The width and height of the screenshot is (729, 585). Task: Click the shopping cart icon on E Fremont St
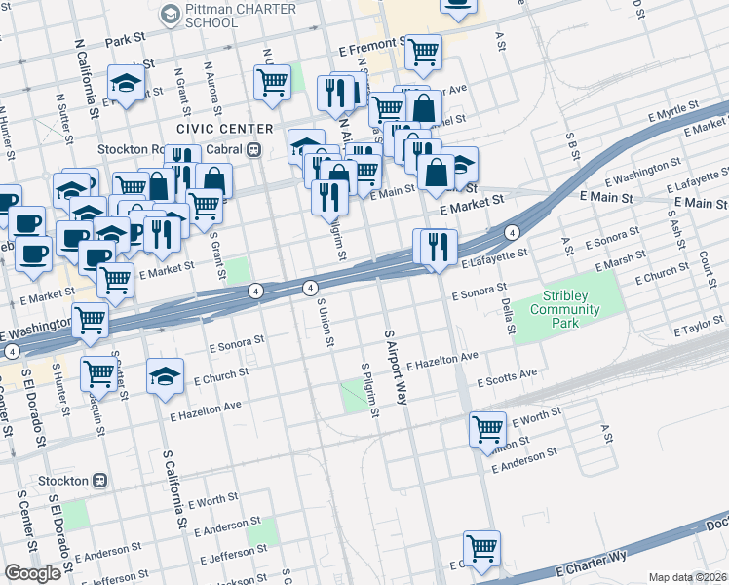coord(423,52)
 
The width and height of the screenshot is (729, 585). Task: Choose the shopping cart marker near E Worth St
coord(486,429)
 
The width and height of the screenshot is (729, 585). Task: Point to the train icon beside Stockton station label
coord(99,481)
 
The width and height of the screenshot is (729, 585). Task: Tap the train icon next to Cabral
coord(253,149)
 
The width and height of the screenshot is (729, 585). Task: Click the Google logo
coord(32,573)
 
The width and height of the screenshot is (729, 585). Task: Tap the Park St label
coord(125,42)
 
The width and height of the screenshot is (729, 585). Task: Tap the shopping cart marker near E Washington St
coord(91,319)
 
